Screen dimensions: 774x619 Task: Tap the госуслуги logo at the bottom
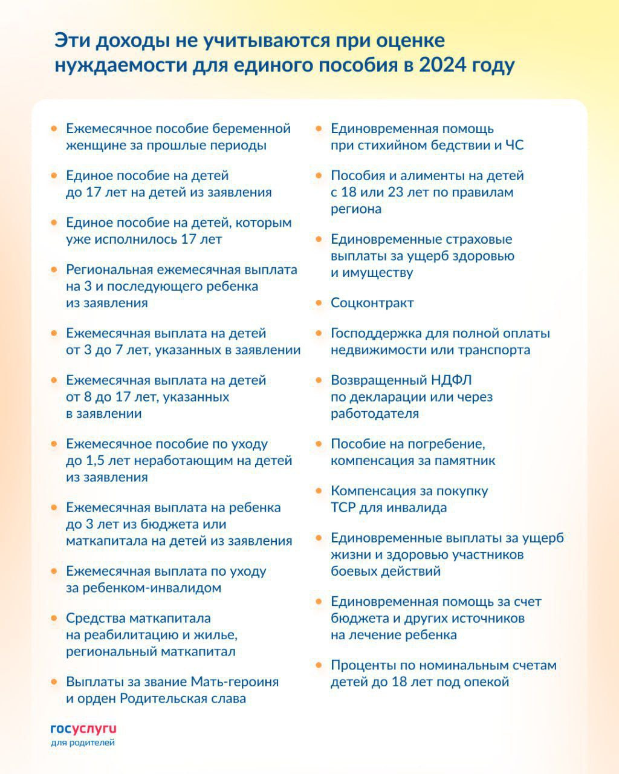pos(83,729)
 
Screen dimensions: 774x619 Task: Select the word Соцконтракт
pos(372,302)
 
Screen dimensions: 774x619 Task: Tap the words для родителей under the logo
pos(83,743)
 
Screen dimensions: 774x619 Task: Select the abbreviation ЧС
pos(514,145)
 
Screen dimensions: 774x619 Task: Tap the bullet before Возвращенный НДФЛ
pos(319,380)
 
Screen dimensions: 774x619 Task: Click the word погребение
pos(447,444)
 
